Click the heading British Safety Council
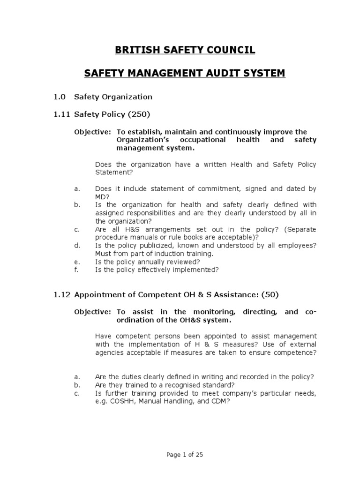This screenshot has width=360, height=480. [x=180, y=50]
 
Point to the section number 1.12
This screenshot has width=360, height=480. [x=61, y=295]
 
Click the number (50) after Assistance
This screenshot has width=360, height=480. [x=270, y=295]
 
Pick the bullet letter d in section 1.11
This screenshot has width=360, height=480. [x=76, y=245]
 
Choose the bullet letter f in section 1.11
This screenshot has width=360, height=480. [x=76, y=270]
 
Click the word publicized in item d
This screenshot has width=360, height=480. [x=146, y=245]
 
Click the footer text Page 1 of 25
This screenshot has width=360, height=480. [x=180, y=454]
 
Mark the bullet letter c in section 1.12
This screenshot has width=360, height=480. [x=76, y=393]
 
